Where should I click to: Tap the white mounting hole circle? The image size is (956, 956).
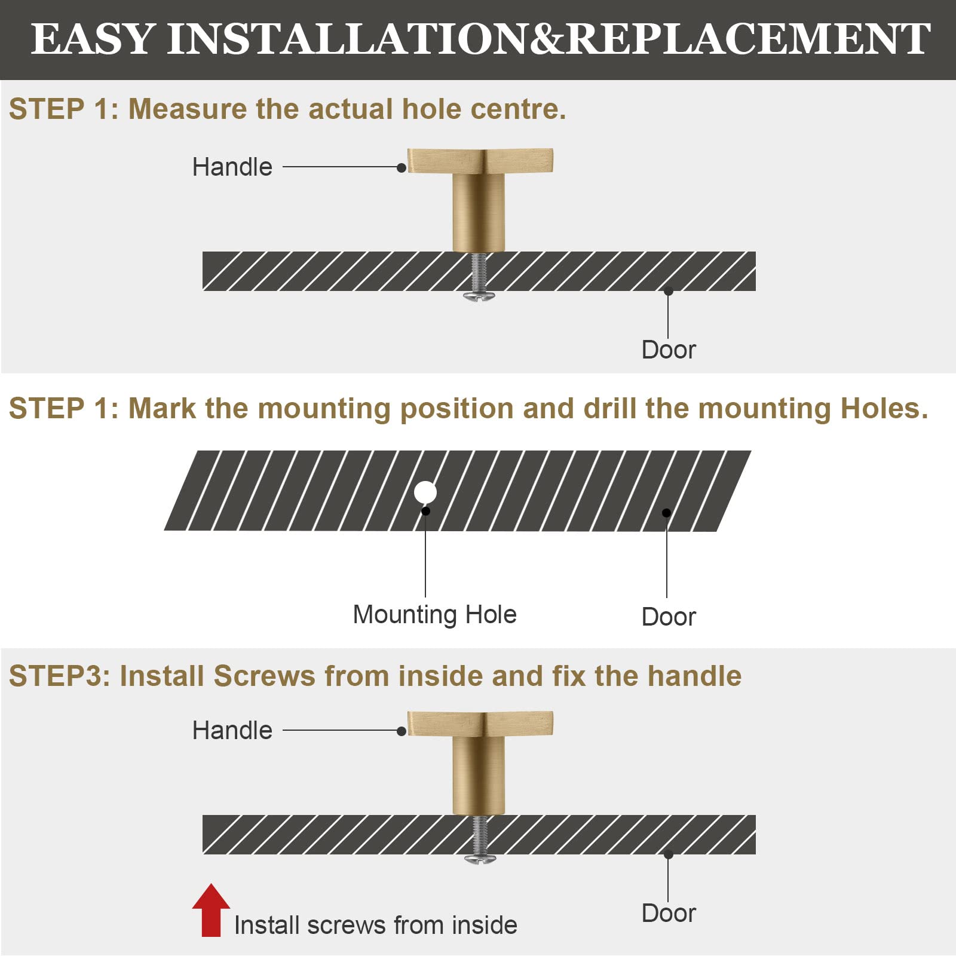tap(425, 493)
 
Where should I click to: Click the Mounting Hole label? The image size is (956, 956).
tap(434, 615)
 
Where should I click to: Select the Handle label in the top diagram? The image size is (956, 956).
tap(232, 167)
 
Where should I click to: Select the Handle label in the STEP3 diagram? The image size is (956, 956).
tap(232, 730)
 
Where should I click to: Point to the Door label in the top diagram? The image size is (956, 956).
tap(669, 350)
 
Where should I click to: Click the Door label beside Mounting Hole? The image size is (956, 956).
tap(669, 617)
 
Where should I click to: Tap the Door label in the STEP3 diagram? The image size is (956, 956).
tap(669, 913)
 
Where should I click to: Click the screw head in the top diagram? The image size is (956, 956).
tap(479, 296)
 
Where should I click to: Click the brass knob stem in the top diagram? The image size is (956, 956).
tap(479, 212)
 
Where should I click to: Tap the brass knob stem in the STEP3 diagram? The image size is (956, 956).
tap(479, 776)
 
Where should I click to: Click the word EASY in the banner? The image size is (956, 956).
tap(93, 39)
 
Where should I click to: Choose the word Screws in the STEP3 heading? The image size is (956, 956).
tap(264, 676)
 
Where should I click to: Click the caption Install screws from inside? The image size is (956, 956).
tap(375, 925)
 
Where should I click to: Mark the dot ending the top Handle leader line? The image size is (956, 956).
tap(402, 168)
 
